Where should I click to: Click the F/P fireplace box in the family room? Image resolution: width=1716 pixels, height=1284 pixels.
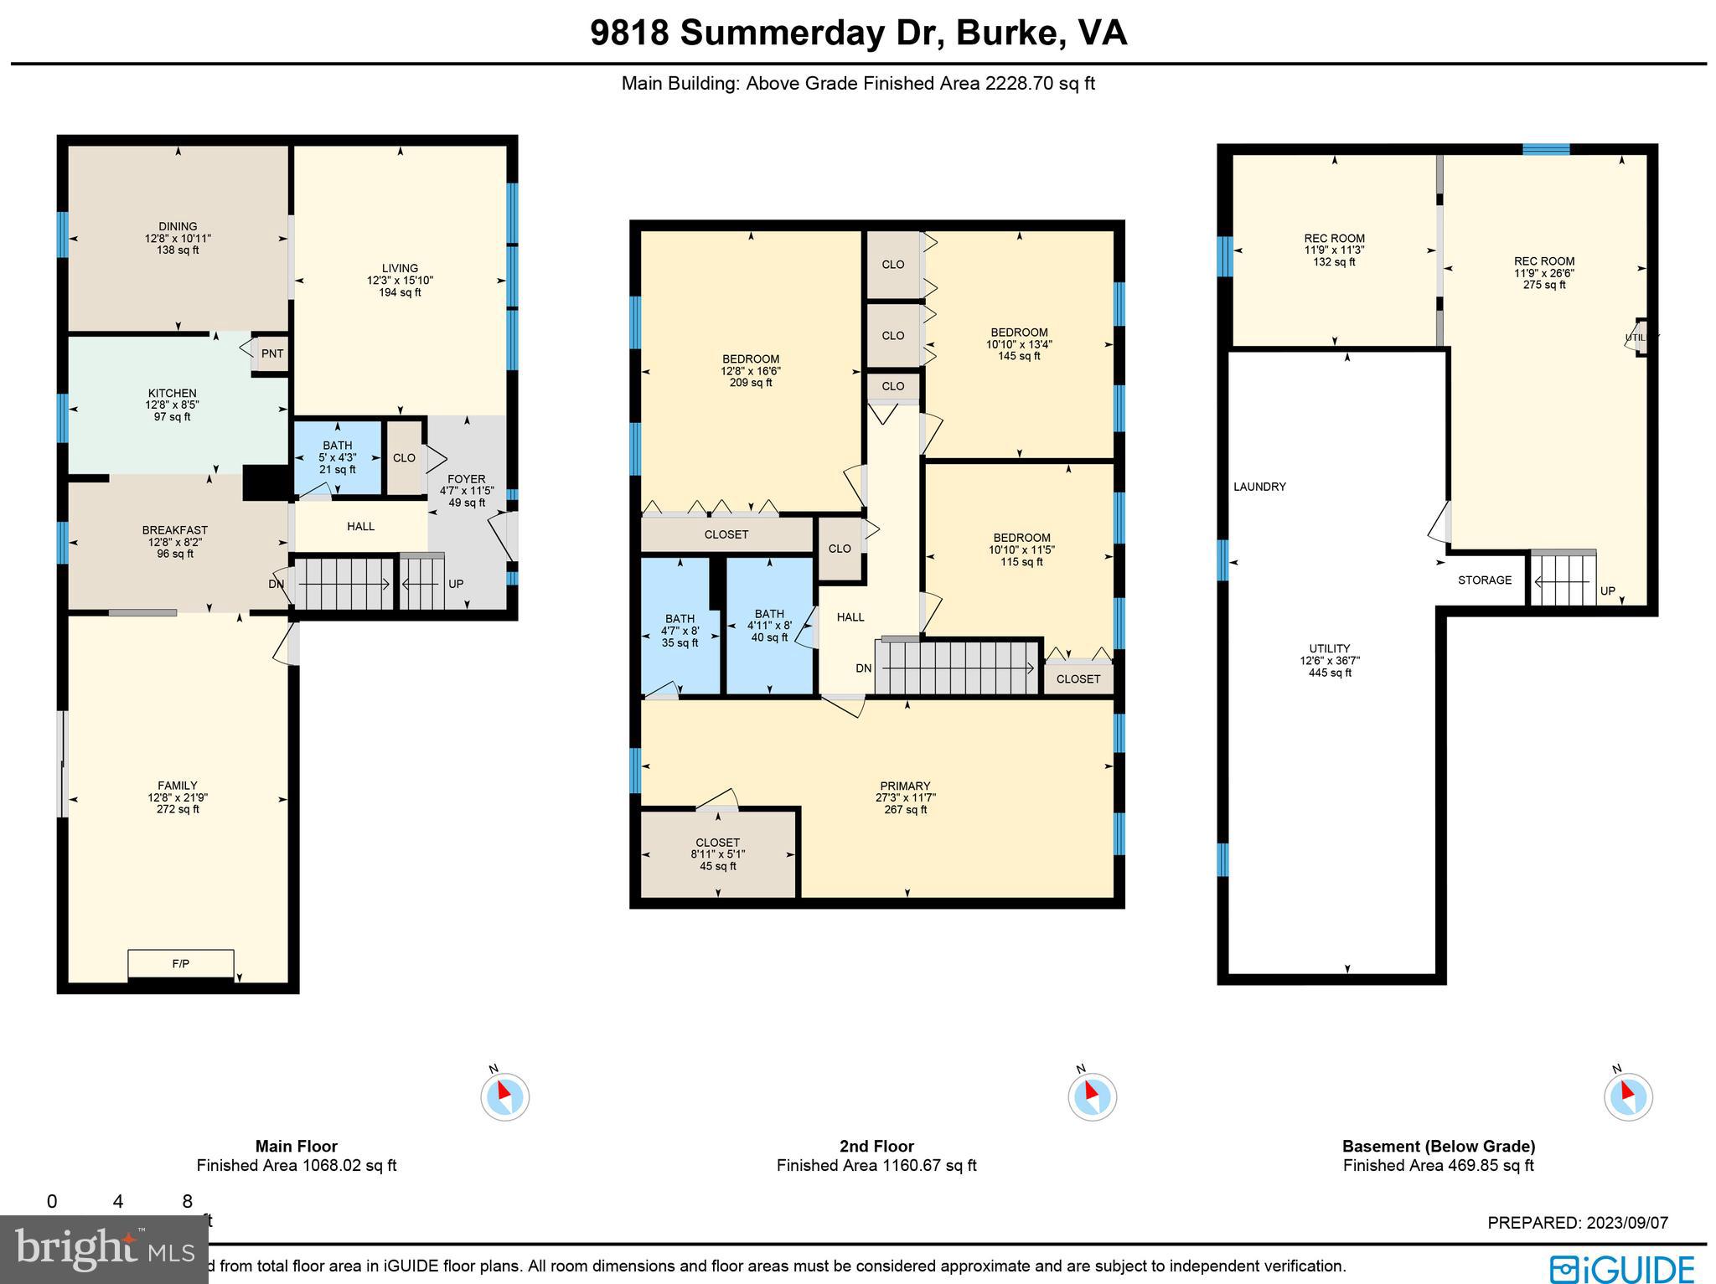(x=180, y=963)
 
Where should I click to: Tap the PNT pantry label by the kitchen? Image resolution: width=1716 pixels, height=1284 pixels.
(x=271, y=353)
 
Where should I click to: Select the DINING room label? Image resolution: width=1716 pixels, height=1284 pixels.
(x=178, y=226)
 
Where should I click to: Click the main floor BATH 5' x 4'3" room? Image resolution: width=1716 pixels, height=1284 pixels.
(x=338, y=457)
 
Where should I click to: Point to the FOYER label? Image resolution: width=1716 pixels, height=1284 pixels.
(x=467, y=479)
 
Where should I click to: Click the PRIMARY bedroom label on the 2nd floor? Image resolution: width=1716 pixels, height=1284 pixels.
(x=905, y=786)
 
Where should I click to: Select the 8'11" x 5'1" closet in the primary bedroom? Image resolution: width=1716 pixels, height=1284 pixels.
(x=718, y=853)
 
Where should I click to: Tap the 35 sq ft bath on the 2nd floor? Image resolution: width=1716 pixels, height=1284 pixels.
(x=680, y=631)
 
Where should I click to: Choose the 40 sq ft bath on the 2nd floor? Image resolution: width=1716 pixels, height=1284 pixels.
(x=769, y=625)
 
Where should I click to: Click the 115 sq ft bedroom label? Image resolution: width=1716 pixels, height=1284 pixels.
(x=1021, y=549)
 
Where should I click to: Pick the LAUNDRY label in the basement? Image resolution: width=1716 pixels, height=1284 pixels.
(x=1259, y=487)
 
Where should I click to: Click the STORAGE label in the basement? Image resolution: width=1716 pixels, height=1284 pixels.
(x=1484, y=580)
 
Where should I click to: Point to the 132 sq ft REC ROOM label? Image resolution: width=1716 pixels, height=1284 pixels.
(x=1334, y=250)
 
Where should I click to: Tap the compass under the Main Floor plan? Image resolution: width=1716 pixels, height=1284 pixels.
(x=504, y=1096)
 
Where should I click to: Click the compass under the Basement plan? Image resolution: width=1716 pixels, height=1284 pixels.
(x=1627, y=1096)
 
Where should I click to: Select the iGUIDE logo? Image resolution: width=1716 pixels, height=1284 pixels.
(x=1622, y=1267)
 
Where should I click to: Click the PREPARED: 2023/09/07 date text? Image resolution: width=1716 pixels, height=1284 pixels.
(x=1578, y=1223)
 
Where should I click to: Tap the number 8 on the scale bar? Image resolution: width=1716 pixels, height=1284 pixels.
(x=187, y=1202)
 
